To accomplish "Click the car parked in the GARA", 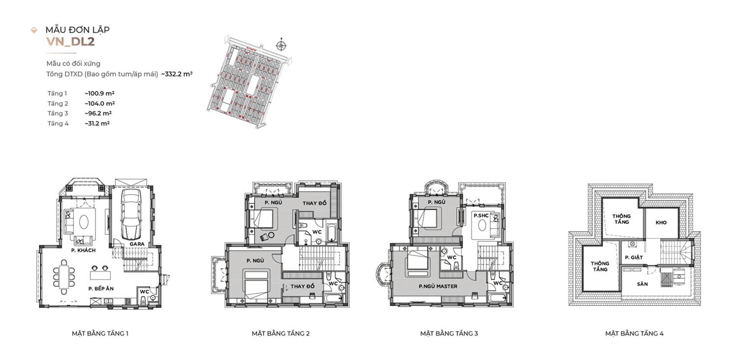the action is pyautogui.click(x=131, y=215).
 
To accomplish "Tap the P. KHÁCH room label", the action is pyautogui.click(x=83, y=250).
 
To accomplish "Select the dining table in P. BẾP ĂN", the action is pyautogui.click(x=64, y=277).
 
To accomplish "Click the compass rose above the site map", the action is pyautogui.click(x=282, y=45).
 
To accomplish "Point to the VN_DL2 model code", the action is pyautogui.click(x=70, y=42).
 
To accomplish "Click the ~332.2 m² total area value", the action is pyautogui.click(x=177, y=74).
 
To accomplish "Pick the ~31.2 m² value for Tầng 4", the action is pyautogui.click(x=97, y=124).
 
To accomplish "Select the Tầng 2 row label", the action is pyautogui.click(x=57, y=104).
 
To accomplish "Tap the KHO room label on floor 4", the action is pyautogui.click(x=661, y=222).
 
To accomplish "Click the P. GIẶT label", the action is pyautogui.click(x=634, y=257).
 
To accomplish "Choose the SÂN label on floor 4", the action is pyautogui.click(x=642, y=284).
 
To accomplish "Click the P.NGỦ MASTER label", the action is pyautogui.click(x=438, y=286).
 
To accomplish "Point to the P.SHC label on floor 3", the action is pyautogui.click(x=481, y=216).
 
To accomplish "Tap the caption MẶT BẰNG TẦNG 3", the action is pyautogui.click(x=449, y=333).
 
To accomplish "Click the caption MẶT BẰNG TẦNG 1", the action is pyautogui.click(x=100, y=333).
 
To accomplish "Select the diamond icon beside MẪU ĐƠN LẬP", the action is pyautogui.click(x=34, y=30).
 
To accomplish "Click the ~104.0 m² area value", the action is pyautogui.click(x=100, y=104).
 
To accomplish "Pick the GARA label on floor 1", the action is pyautogui.click(x=137, y=244).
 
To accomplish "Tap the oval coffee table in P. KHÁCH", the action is pyautogui.click(x=84, y=222).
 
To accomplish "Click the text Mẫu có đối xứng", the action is pyautogui.click(x=73, y=63).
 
